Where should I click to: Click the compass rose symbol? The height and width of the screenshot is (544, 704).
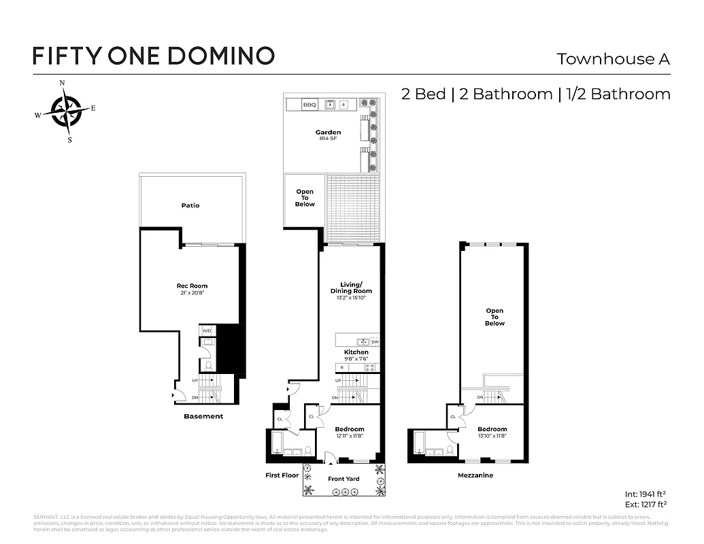(x=66, y=111)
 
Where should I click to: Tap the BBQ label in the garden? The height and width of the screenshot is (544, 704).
(x=309, y=105)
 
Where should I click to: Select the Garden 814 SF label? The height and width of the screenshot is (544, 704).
(x=328, y=135)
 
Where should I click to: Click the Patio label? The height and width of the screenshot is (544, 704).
(x=190, y=205)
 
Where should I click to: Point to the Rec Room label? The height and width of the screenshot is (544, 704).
(x=192, y=288)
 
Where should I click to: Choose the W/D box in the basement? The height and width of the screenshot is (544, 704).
(x=207, y=331)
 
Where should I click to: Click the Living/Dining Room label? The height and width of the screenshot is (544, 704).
(x=351, y=290)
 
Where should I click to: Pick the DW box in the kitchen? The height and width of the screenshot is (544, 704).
(x=374, y=341)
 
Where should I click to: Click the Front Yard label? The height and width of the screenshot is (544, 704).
(x=343, y=479)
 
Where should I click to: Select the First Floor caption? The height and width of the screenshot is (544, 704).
(x=282, y=475)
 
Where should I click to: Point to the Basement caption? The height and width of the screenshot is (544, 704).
(x=203, y=416)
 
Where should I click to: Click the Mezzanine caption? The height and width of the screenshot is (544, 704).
(x=475, y=475)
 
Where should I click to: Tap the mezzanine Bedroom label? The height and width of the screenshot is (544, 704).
(x=492, y=432)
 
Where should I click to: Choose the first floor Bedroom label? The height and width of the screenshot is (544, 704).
(x=350, y=432)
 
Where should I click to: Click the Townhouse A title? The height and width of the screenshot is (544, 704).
(x=613, y=59)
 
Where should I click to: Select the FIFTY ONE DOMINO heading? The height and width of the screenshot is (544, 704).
(x=154, y=55)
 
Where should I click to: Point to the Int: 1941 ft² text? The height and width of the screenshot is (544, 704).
(x=645, y=495)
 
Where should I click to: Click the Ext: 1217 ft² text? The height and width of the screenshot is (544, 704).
(x=645, y=505)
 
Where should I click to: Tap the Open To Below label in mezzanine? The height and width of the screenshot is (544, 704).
(x=495, y=317)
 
